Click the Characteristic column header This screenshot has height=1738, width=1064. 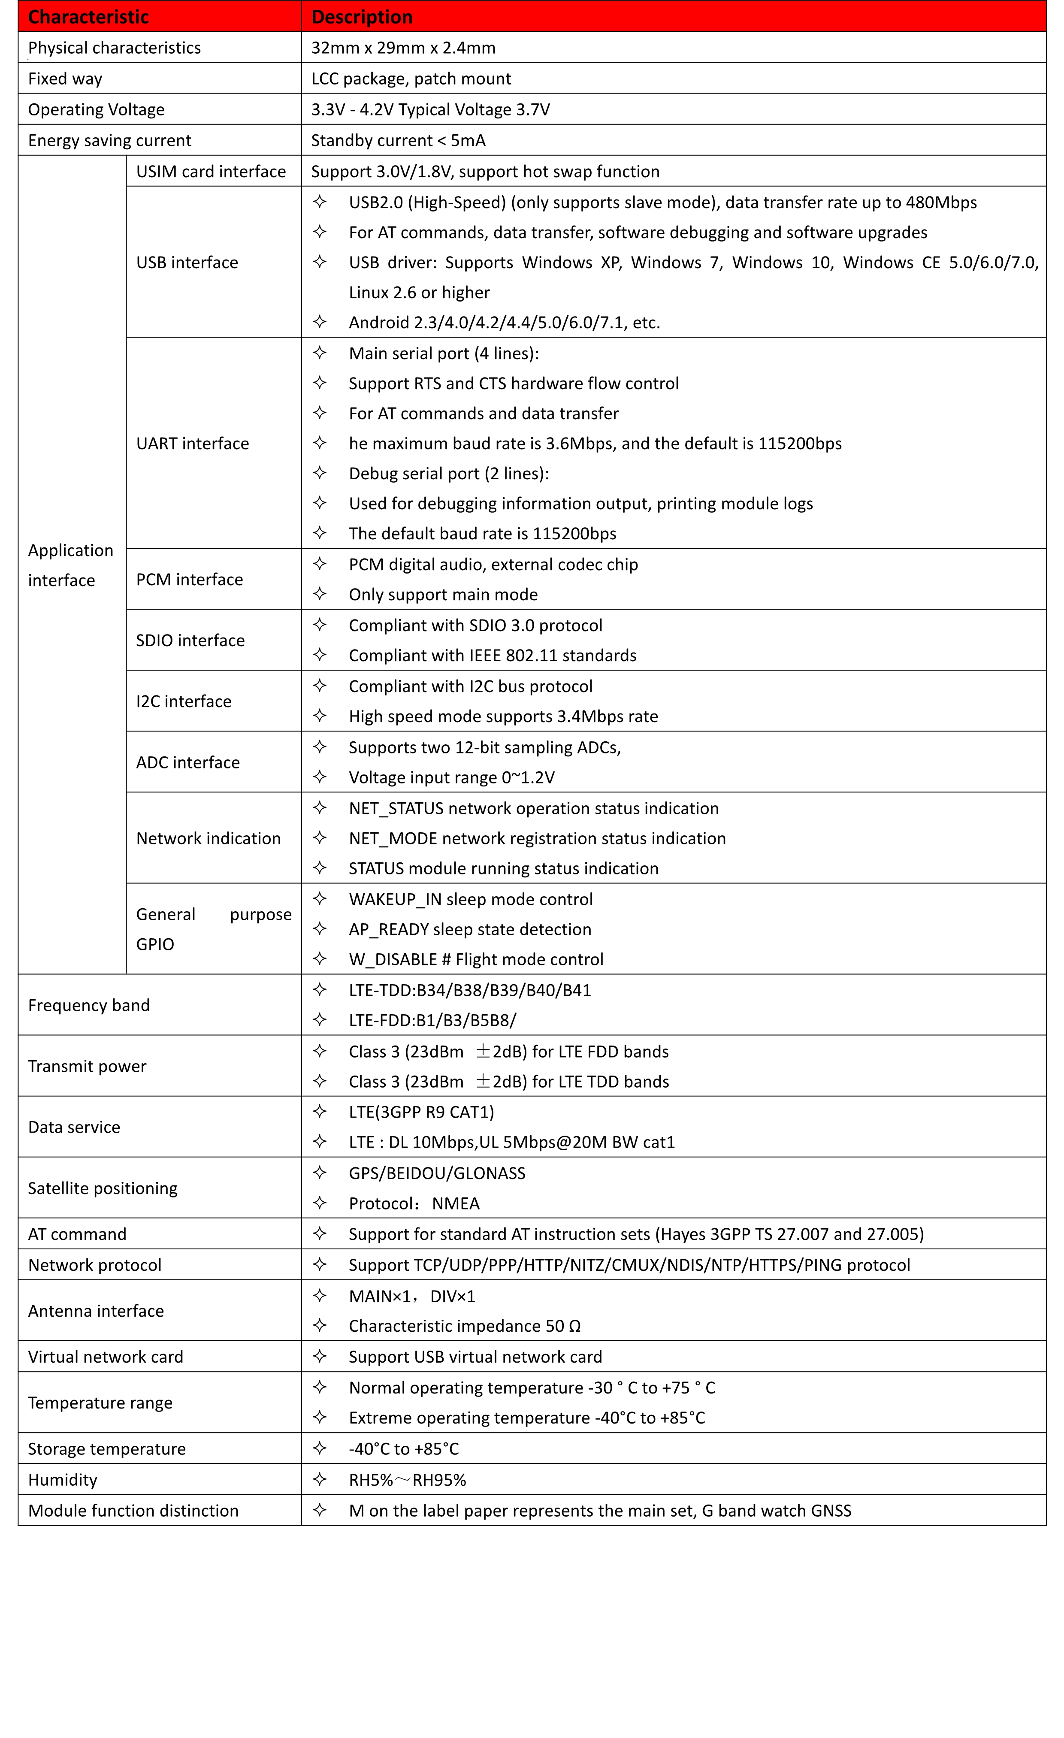[x=88, y=17]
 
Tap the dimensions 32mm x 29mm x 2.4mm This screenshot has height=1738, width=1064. [x=403, y=48]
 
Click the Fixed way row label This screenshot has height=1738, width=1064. [x=65, y=79]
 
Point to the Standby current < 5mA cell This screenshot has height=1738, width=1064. [x=398, y=140]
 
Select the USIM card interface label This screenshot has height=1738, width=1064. [x=211, y=172]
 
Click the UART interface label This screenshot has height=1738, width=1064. [x=193, y=444]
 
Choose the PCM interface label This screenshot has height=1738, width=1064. [x=189, y=580]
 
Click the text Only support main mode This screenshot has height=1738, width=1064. [x=443, y=595]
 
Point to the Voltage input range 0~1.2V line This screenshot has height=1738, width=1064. [x=452, y=777]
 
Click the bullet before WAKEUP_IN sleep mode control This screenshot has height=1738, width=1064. [x=320, y=899]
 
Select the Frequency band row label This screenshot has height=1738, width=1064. [x=89, y=1005]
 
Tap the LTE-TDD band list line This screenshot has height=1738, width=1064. [x=470, y=990]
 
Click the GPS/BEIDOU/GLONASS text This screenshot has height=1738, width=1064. [x=437, y=1173]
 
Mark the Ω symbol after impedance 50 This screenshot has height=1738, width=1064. [x=574, y=1326]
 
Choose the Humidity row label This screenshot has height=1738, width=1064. [x=63, y=1480]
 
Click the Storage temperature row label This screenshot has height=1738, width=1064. [x=106, y=1449]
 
